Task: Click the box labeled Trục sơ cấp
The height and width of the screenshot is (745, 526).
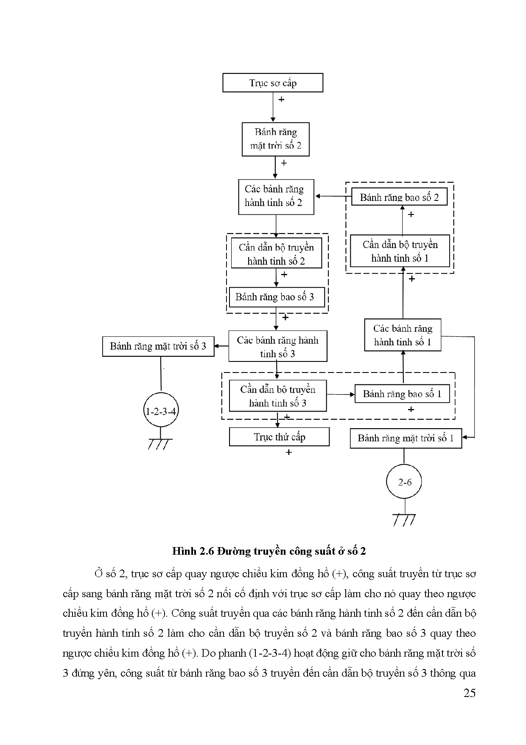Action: [273, 83]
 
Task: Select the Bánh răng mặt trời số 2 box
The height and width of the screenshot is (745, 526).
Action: [275, 139]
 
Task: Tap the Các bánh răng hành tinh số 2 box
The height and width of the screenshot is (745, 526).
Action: [276, 196]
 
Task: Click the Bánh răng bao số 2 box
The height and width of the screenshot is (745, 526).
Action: [399, 197]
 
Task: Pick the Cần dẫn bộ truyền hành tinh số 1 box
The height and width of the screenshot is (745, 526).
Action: [400, 251]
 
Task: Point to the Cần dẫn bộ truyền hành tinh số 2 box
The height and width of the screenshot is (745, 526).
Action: [276, 254]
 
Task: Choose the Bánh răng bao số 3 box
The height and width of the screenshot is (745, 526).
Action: [277, 297]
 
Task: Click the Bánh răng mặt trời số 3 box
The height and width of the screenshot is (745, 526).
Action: [158, 346]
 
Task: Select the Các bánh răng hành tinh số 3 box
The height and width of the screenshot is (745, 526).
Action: [278, 347]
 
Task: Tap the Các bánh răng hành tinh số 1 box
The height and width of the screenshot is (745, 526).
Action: [403, 335]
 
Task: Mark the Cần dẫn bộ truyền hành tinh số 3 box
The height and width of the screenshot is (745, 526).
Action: [278, 396]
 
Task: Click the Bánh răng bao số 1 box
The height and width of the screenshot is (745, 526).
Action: [402, 394]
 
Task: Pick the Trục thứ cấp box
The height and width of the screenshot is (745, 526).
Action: [279, 437]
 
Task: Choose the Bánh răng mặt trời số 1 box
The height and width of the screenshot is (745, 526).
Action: [406, 438]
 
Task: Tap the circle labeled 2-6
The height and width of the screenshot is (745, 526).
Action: [405, 482]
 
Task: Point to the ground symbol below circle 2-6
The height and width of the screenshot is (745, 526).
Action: [404, 519]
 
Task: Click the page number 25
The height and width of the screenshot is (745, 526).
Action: [470, 693]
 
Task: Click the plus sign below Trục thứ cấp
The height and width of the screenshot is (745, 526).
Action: [289, 452]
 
